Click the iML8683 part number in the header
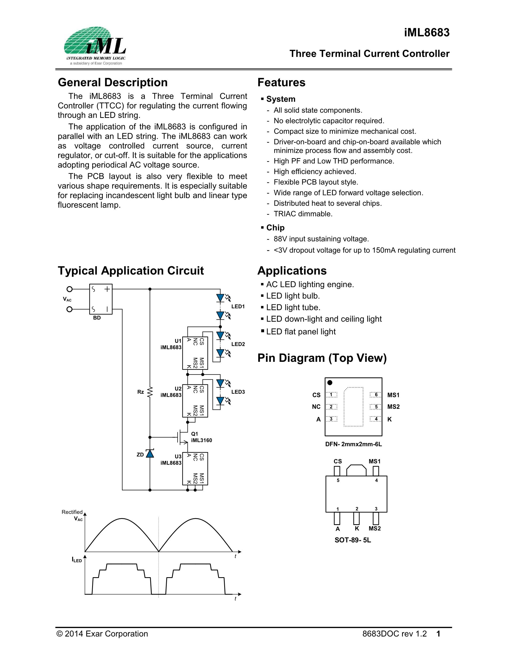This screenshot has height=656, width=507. point(427,32)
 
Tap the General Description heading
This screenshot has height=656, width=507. point(113,82)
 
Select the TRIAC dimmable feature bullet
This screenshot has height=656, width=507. point(303,214)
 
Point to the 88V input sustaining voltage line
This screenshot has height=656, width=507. point(321,239)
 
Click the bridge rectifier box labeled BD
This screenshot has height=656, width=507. point(101,299)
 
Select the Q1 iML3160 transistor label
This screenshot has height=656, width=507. point(201,437)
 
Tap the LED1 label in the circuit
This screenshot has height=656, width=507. point(238,306)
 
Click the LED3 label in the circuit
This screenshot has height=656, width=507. point(238,392)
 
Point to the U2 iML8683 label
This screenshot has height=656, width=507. point(171,392)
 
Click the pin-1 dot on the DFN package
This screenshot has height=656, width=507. point(330,383)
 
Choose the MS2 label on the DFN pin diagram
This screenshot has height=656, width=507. point(394,407)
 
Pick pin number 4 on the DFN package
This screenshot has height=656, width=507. point(376,419)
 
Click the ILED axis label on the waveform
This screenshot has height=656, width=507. point(77,559)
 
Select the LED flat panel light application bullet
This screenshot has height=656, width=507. point(301,332)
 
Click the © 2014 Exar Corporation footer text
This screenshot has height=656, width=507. point(103,634)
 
